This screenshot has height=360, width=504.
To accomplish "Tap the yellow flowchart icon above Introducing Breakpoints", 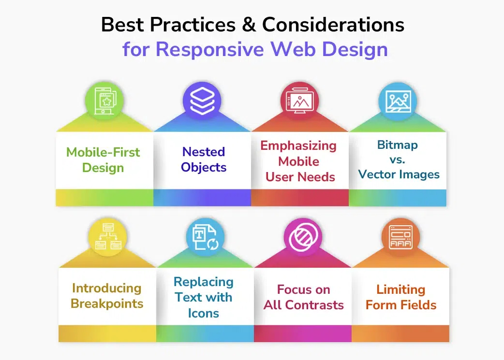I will (x=107, y=237).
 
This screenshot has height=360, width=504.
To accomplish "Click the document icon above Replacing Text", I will (x=205, y=237).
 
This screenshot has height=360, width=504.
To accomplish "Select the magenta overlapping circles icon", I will (x=303, y=237).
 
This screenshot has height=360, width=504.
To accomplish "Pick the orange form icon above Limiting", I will (x=400, y=237).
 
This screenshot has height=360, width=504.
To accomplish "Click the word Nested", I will (x=204, y=152).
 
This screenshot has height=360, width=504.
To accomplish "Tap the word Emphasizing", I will (x=298, y=145).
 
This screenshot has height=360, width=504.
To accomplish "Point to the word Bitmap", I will (x=398, y=145).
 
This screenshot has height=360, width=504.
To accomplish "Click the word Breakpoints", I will (x=107, y=303).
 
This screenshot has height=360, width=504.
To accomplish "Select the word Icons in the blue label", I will (x=204, y=313).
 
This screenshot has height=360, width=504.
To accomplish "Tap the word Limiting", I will (x=400, y=289).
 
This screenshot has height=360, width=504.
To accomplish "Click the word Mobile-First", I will (x=103, y=152).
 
